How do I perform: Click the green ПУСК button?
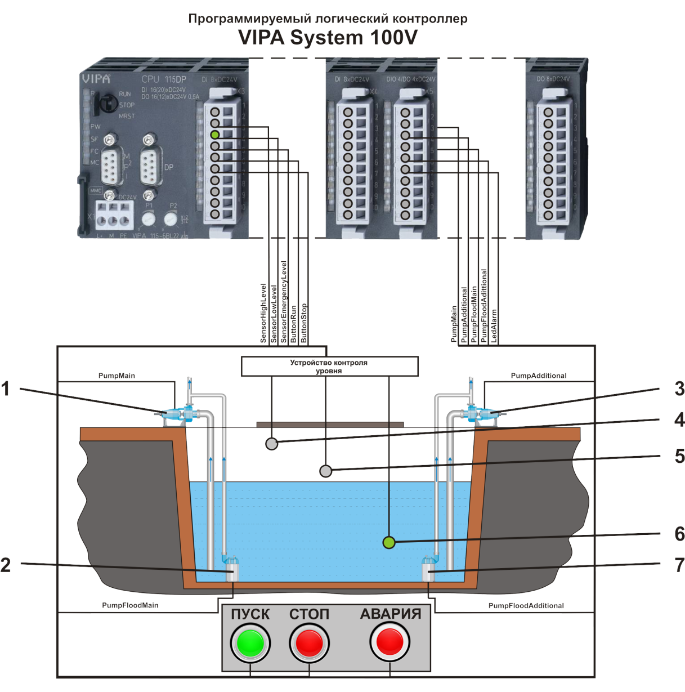click(x=250, y=643)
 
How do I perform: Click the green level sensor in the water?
click(x=388, y=543)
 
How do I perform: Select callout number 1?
click(x=6, y=389)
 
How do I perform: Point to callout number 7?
click(x=679, y=565)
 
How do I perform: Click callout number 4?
click(x=679, y=419)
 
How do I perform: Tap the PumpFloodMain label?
click(x=130, y=605)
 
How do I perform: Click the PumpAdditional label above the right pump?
click(x=538, y=376)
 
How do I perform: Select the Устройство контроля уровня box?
click(x=329, y=367)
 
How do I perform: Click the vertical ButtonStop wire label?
click(x=304, y=323)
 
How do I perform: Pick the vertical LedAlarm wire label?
click(x=494, y=325)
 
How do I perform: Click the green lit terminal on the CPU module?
click(x=215, y=135)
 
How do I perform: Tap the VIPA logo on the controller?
click(x=96, y=79)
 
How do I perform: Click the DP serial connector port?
click(x=149, y=167)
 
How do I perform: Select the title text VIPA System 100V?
click(x=328, y=38)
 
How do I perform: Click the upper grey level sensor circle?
click(x=271, y=444)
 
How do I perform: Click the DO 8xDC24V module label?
click(x=553, y=79)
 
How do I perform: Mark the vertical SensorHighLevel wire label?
click(x=263, y=313)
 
